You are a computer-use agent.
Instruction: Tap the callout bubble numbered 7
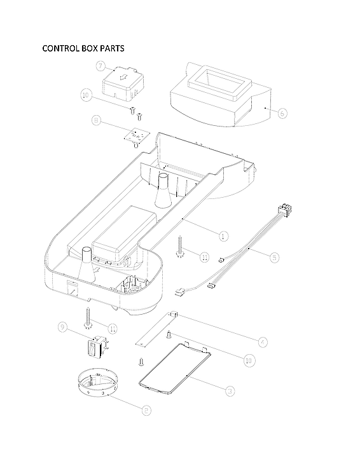[100, 66]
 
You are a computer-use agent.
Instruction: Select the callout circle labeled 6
[282, 113]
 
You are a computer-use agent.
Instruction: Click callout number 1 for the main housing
[223, 236]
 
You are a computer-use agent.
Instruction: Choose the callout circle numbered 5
[273, 257]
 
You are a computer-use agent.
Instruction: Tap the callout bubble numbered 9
[62, 327]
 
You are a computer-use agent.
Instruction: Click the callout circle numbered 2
[146, 410]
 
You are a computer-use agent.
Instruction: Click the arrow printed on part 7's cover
[125, 79]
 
